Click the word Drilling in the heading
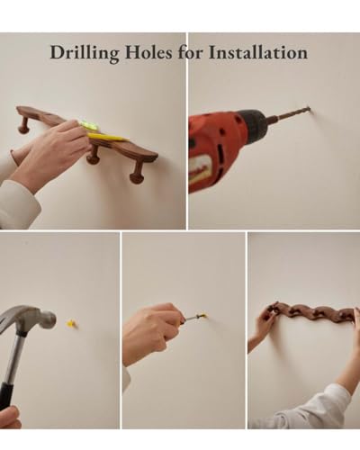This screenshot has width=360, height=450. point(85,53)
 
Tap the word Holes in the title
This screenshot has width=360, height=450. point(148,52)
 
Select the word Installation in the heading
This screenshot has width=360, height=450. point(258,52)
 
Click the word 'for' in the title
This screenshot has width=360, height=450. point(191,52)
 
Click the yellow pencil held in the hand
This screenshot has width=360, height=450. point(108,138)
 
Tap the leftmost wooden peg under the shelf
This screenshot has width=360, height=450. point(22,125)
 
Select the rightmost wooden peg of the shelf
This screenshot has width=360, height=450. point(136,174)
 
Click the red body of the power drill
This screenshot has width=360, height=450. point(215,150)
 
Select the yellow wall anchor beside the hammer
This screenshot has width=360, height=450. point(71,324)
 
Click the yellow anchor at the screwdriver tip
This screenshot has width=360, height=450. point(202,315)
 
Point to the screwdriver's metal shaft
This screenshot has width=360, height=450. point(191,319)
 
